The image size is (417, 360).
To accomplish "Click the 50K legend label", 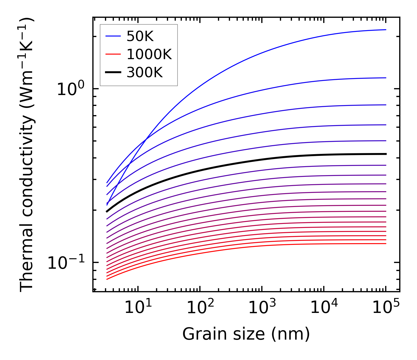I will tap(140, 36).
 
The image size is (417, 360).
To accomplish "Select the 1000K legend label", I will tap(149, 54).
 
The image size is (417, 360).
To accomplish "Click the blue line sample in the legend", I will tap(113, 36).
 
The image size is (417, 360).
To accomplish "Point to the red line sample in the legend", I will tap(113, 54).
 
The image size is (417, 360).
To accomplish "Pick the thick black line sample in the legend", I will tap(113, 72).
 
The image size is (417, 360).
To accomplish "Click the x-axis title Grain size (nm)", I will tap(246, 334).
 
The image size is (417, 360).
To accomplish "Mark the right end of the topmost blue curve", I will tap(386, 30).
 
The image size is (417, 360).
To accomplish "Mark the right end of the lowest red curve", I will tap(386, 243).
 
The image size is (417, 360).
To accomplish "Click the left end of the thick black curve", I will tap(107, 212).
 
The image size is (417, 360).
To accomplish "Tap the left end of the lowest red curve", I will tap(107, 279).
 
